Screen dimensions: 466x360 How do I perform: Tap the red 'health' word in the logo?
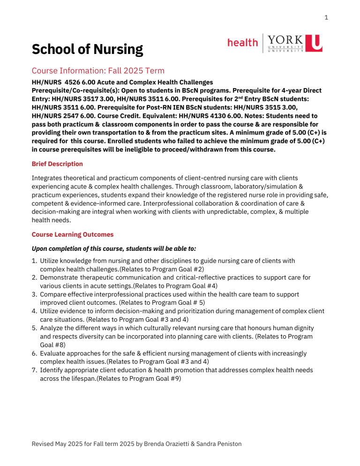point(242,43)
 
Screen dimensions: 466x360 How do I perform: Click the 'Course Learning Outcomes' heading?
point(71,234)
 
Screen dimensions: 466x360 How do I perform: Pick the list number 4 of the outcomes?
point(34,310)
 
